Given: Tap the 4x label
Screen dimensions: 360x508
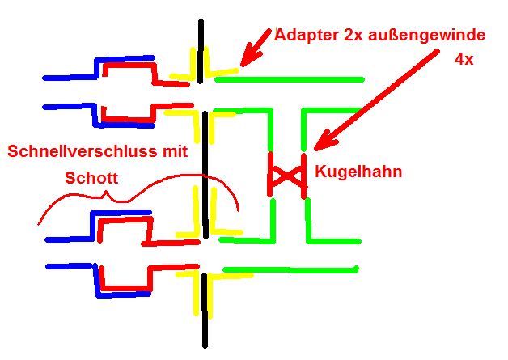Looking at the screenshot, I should pyautogui.click(x=464, y=60).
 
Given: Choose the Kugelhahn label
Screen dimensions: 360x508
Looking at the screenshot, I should pyautogui.click(x=358, y=172).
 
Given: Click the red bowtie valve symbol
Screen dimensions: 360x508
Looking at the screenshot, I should pyautogui.click(x=287, y=174).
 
